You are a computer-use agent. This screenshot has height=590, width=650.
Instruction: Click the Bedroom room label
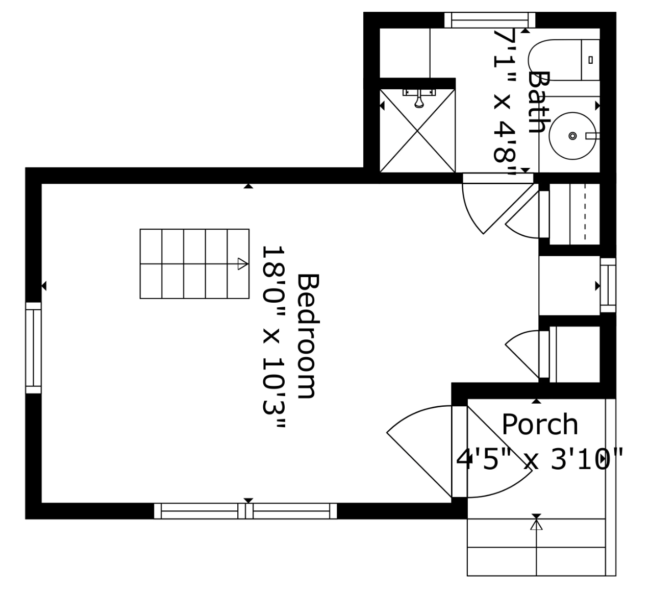[308, 336]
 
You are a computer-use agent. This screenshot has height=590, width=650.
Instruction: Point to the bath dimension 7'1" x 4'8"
[504, 103]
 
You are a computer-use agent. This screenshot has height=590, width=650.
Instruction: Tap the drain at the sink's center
[572, 136]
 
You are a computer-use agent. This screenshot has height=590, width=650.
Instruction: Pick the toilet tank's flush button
[591, 60]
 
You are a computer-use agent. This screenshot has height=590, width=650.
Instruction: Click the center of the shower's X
[417, 131]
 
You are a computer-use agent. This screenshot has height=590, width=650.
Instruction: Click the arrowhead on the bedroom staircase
[243, 263]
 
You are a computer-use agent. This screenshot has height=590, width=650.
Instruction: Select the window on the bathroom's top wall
[490, 20]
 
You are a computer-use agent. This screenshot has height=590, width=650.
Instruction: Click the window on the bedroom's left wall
[33, 348]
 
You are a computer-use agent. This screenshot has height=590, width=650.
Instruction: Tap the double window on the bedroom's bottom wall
[245, 511]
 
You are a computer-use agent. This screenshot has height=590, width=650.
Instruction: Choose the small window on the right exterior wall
[608, 285]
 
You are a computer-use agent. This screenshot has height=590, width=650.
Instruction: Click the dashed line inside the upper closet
[585, 212]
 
